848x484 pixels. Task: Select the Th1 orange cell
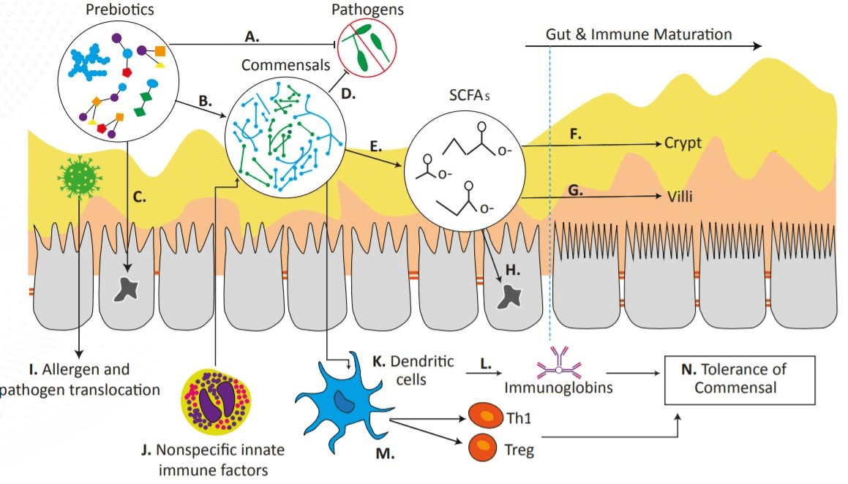[484, 417]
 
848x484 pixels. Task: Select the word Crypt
[683, 143]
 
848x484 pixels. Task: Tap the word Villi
[680, 196]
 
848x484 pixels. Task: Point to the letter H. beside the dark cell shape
[514, 269]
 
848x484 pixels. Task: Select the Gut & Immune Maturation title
[638, 34]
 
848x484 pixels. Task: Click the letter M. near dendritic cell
[385, 454]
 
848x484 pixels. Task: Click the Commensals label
[286, 65]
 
